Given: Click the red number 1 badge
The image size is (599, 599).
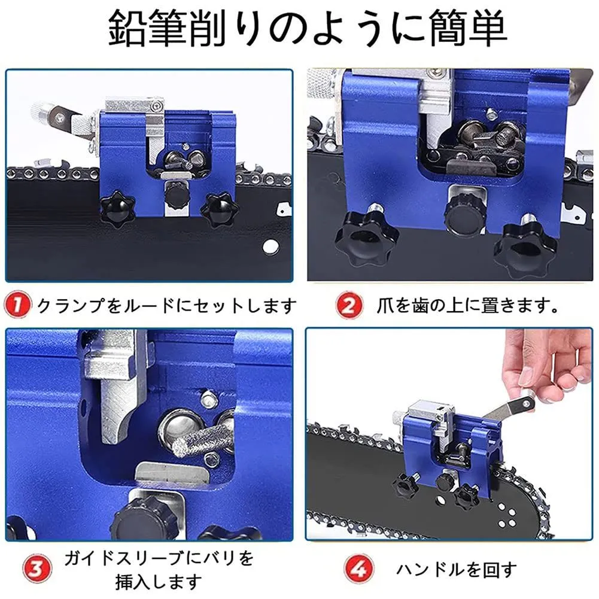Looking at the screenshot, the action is pos(17,305).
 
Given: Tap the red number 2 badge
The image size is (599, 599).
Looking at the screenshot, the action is pos(349,305).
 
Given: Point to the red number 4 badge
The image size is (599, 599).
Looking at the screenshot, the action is pos(358,568).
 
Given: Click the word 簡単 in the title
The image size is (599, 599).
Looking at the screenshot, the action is pos(469,28).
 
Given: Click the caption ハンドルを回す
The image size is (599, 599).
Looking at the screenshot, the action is pos(457,570).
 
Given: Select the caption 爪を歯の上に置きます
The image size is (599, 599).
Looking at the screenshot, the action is pos(467,305).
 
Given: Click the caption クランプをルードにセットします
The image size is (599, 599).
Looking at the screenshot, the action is pos(167,305).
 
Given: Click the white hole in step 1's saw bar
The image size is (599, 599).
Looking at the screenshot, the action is pos(270,247).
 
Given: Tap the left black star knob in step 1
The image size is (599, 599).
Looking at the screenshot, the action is pos(117,209).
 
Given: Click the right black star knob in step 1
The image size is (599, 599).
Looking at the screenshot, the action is pos(220,210).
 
